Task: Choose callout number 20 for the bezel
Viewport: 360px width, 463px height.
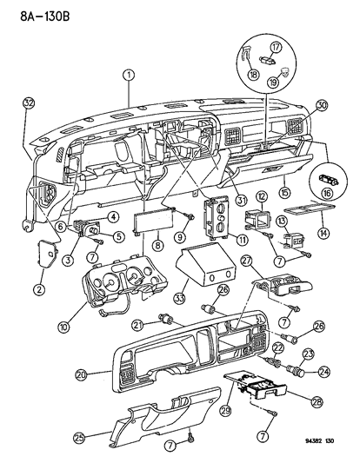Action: tap(104, 374)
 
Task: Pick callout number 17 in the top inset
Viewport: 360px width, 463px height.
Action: tap(276, 47)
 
